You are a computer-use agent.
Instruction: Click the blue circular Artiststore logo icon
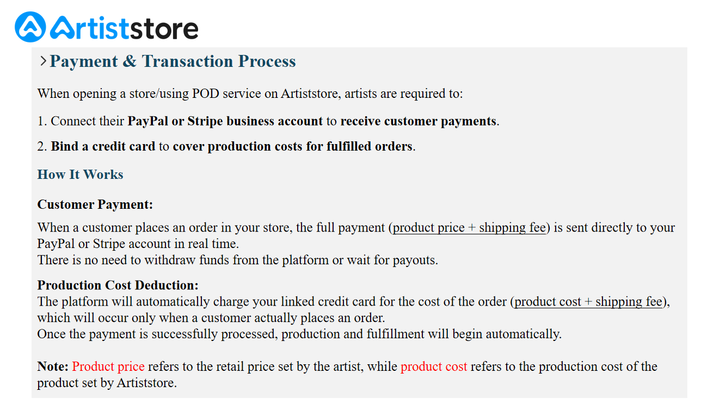coord(30,27)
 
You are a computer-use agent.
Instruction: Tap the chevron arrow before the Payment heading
coord(43,61)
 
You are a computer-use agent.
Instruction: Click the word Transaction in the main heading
coord(187,61)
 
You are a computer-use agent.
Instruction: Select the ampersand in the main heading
coord(130,61)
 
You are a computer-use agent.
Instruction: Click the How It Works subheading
coord(81,175)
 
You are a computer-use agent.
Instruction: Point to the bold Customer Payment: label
coord(95,204)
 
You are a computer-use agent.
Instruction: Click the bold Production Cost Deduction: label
coord(118,285)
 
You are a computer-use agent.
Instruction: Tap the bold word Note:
coord(53,366)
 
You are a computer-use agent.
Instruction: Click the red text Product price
coord(108,366)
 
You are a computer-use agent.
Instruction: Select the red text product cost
coord(434,366)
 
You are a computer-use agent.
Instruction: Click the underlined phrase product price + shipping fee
coord(469,228)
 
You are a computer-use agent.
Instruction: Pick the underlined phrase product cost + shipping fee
coord(588,302)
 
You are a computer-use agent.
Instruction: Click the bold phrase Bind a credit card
coord(103,146)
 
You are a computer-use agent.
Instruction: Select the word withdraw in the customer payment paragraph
coord(170,260)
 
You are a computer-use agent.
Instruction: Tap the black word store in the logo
coord(164,29)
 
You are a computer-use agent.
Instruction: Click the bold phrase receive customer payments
coord(419,121)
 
